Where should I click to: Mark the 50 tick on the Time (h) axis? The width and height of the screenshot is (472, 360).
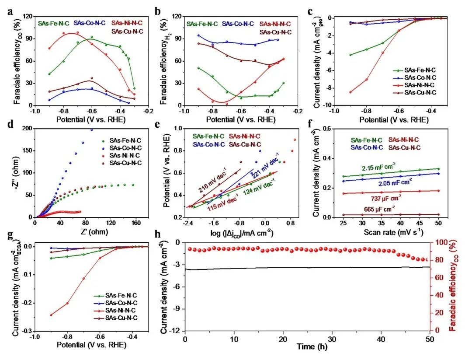pyautogui.click(x=430, y=338)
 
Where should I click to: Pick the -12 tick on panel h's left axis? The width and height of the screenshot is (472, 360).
pyautogui.click(x=177, y=331)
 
